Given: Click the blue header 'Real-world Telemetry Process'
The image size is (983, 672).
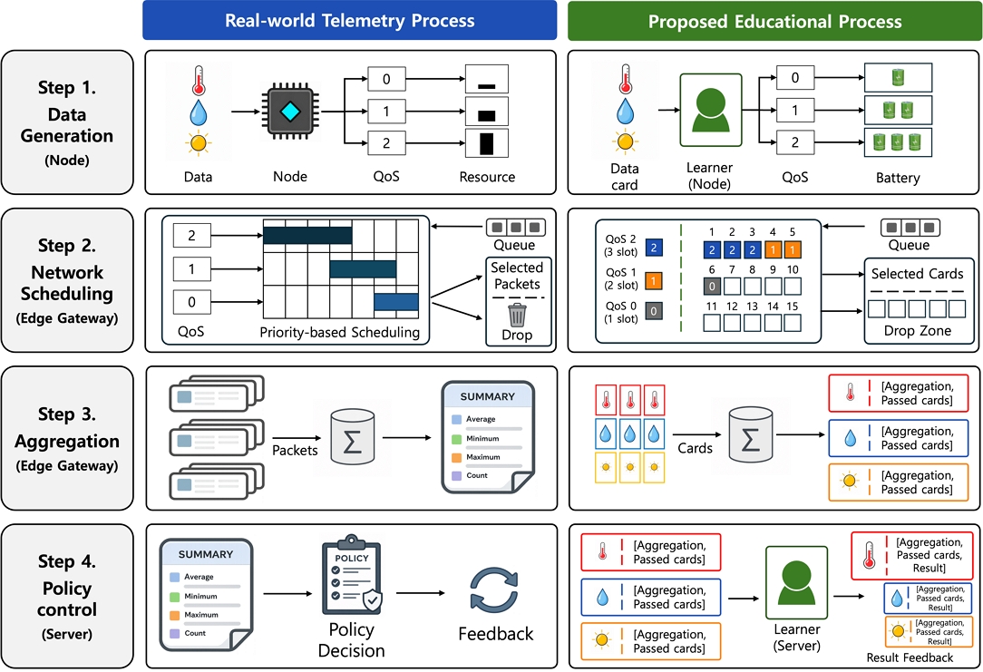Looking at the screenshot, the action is pyautogui.click(x=350, y=21).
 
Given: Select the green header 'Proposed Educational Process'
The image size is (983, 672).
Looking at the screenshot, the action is pyautogui.click(x=774, y=22).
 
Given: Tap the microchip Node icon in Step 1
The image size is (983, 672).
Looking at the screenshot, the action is pyautogui.click(x=289, y=112).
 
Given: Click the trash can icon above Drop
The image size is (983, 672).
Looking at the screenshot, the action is pyautogui.click(x=517, y=315).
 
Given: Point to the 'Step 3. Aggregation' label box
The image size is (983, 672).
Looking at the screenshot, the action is pyautogui.click(x=67, y=438).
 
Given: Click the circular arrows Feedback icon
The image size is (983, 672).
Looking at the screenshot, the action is pyautogui.click(x=494, y=589).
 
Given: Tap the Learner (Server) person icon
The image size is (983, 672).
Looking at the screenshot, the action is pyautogui.click(x=797, y=582).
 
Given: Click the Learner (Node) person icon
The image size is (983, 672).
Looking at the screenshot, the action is pyautogui.click(x=711, y=110).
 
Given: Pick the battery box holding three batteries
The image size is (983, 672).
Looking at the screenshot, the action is pyautogui.click(x=898, y=143).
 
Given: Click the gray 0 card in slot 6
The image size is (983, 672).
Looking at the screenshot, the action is pyautogui.click(x=712, y=287).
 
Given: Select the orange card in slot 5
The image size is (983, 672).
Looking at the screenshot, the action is pyautogui.click(x=793, y=249).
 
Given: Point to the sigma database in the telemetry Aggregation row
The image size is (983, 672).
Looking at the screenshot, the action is pyautogui.click(x=353, y=437).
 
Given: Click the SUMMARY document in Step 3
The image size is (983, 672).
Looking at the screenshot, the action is pyautogui.click(x=488, y=437).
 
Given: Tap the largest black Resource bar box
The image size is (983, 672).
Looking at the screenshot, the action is pyautogui.click(x=486, y=143).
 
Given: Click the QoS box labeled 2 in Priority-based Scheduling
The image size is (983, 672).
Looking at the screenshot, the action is pyautogui.click(x=192, y=235).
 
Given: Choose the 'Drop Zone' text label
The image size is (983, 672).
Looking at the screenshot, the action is pyautogui.click(x=917, y=330).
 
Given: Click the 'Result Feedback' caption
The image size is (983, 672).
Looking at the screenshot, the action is pyautogui.click(x=910, y=657).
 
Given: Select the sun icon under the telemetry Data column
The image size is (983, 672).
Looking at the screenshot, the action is pyautogui.click(x=198, y=143).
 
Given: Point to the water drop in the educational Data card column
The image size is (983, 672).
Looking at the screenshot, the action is pyautogui.click(x=625, y=112).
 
